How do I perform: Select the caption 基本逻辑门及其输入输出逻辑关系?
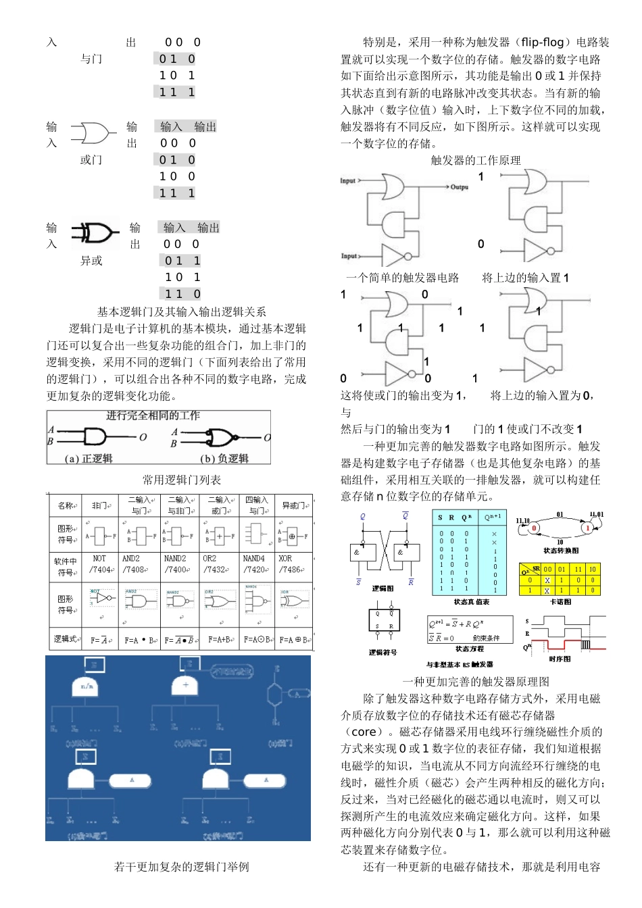coord(181,312)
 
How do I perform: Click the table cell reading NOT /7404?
coord(101,564)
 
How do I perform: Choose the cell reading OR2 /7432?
coord(218,564)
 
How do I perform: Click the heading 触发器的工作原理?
coord(476,160)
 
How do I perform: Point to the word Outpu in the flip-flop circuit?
coord(460,187)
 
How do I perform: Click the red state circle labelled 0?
coord(534,528)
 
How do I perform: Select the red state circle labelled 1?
coord(587,528)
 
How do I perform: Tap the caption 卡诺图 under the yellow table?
coord(560,601)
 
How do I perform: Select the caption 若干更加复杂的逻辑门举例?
coord(181,867)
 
